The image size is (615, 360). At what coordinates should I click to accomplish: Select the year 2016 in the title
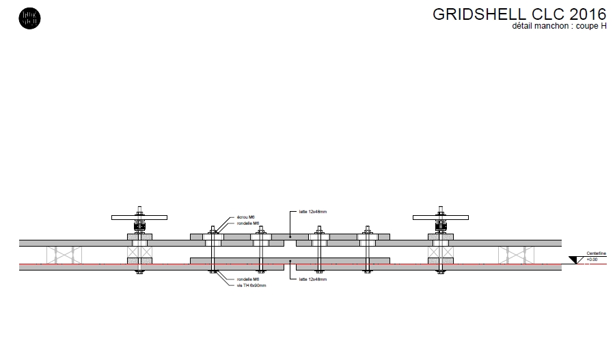click(x=587, y=15)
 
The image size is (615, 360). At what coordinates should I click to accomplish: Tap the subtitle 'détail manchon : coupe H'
click(x=559, y=27)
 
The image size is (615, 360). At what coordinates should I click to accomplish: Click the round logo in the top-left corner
click(x=30, y=18)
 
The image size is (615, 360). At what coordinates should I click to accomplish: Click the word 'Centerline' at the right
click(x=595, y=254)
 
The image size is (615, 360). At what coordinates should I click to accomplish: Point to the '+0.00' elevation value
click(x=592, y=260)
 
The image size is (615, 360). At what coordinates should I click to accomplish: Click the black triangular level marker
click(x=574, y=260)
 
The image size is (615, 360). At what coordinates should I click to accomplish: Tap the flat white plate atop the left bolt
click(x=139, y=217)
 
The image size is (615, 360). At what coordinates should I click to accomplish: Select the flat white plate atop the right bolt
click(x=441, y=217)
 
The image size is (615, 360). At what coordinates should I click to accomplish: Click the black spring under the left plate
click(x=139, y=225)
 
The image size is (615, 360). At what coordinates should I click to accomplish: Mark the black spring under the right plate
click(x=441, y=225)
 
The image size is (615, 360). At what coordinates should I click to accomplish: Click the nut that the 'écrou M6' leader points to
click(x=213, y=232)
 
